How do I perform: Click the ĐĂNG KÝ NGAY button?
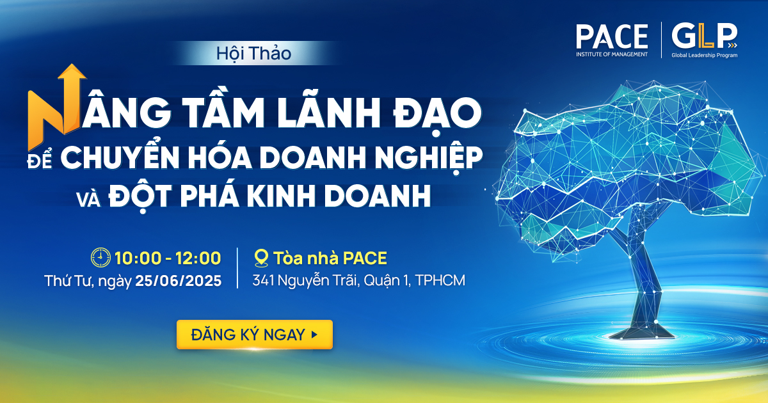click(254, 335)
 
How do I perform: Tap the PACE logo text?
click(612, 36)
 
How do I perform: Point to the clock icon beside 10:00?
click(101, 258)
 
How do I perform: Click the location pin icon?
click(260, 258)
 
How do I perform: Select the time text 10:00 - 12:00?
click(168, 258)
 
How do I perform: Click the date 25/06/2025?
click(179, 280)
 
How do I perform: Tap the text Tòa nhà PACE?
click(330, 258)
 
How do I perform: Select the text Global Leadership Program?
click(704, 56)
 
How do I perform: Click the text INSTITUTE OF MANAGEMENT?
click(612, 54)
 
